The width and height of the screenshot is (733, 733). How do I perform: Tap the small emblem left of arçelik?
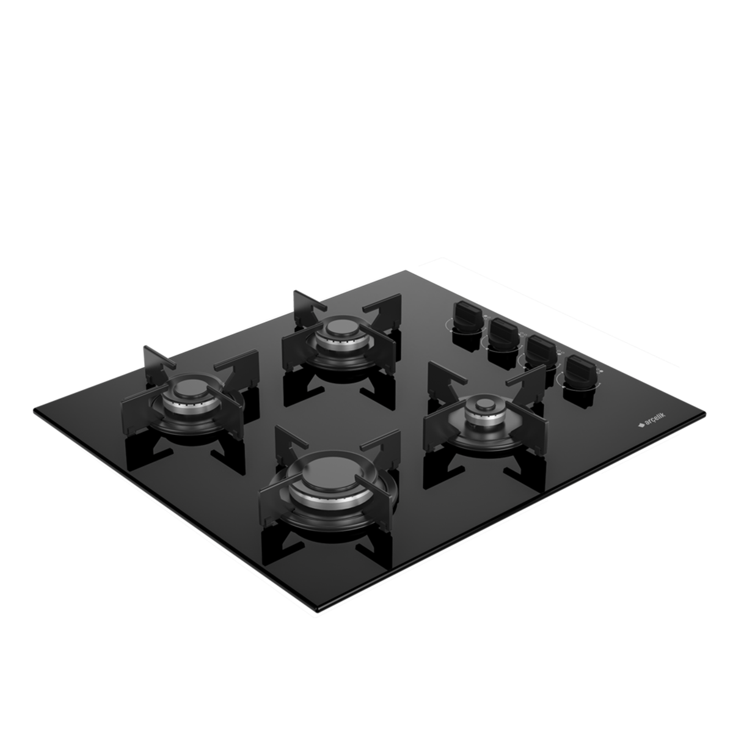(641, 425)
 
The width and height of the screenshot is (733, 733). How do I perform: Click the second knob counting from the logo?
(541, 352)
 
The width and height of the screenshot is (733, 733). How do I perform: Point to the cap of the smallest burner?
(484, 404)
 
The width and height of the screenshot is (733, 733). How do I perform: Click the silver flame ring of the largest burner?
(330, 495)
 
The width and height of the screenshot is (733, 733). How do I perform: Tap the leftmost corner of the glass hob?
(34, 410)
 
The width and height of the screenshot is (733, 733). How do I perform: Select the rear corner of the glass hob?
(405, 271)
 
